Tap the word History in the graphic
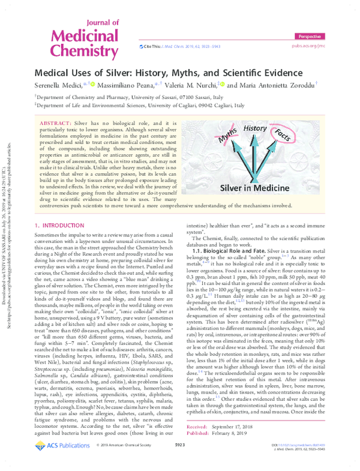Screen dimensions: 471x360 255,128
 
